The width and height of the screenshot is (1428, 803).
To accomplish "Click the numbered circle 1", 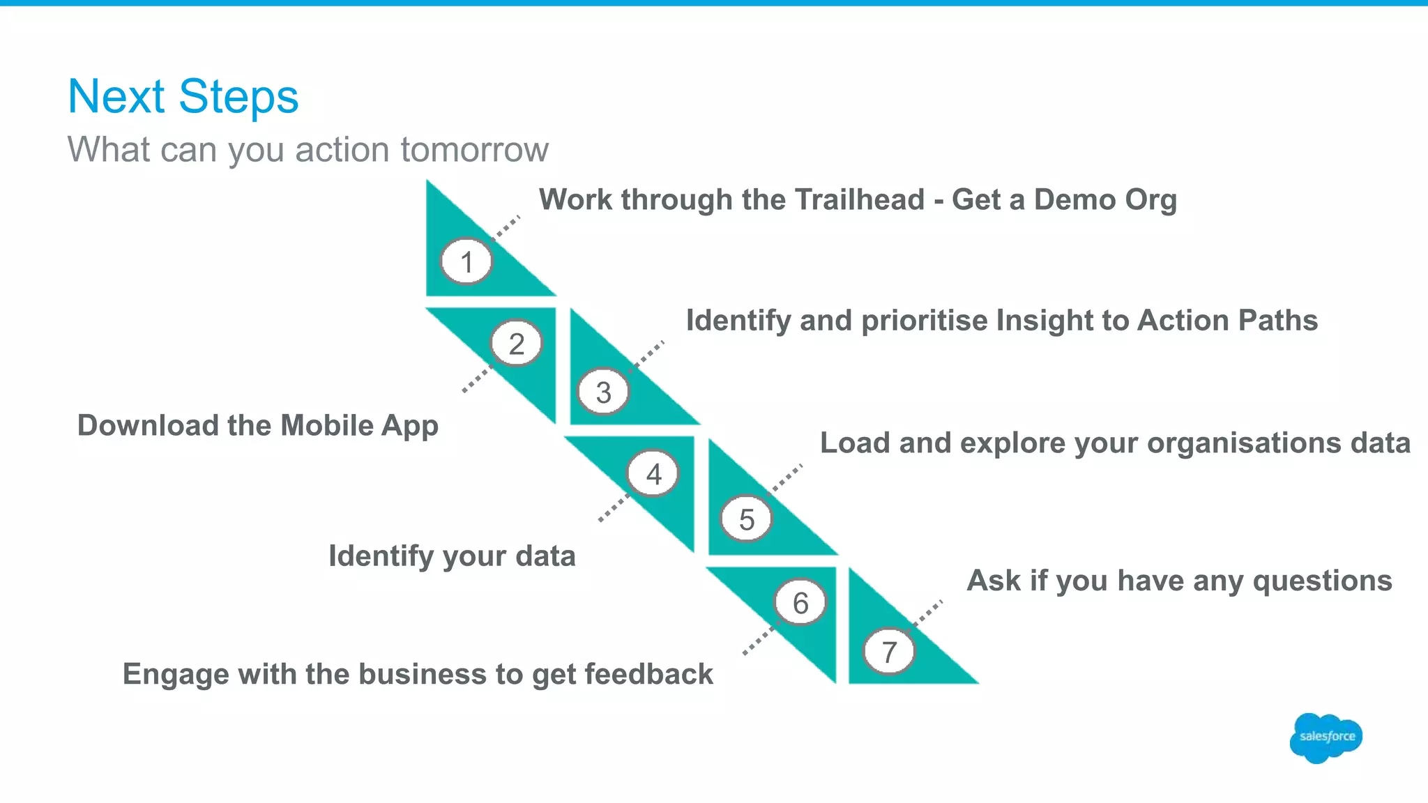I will click(466, 262).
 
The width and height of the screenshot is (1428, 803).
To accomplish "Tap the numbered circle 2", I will click(516, 343).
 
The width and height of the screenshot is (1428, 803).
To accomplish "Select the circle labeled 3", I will click(604, 392).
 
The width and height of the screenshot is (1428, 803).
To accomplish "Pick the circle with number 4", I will click(653, 474).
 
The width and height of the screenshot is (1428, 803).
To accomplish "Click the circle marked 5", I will click(747, 519).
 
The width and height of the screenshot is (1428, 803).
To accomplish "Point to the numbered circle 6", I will click(800, 603).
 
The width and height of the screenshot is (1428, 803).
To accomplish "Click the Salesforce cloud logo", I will click(1326, 737).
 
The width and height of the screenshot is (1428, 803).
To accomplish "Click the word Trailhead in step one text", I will click(859, 200).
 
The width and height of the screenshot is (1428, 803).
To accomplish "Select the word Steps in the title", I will click(238, 97).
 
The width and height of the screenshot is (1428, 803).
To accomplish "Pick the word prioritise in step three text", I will click(925, 321).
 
